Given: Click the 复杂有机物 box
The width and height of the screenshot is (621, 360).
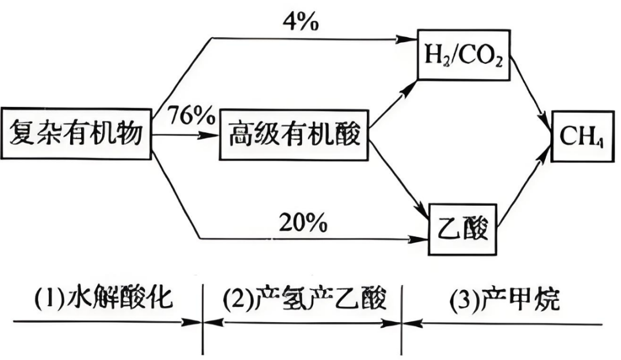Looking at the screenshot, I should [x=76, y=135].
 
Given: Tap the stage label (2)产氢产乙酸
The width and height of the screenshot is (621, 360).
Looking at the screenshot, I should [x=301, y=299].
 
